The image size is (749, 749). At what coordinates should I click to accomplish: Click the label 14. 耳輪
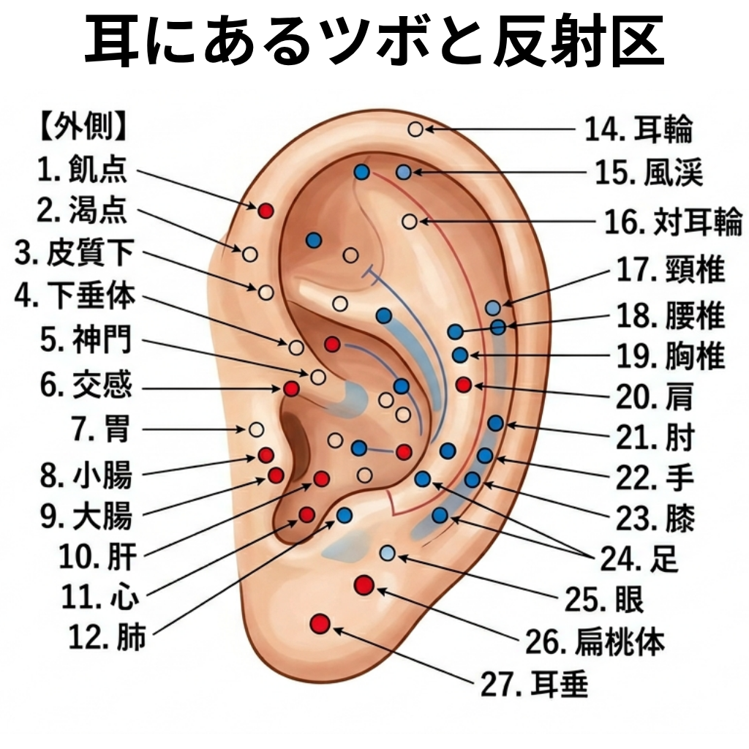click(x=639, y=129)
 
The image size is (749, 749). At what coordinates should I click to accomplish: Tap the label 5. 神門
click(x=86, y=339)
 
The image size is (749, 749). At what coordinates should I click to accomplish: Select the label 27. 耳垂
click(x=534, y=684)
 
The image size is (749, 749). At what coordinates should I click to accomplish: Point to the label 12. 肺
click(x=108, y=637)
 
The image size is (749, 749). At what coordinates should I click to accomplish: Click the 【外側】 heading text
click(x=83, y=127)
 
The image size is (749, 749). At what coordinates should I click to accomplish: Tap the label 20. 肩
click(x=655, y=396)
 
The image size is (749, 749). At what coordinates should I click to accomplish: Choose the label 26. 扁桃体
click(x=595, y=641)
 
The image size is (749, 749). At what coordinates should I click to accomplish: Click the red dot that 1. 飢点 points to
click(x=266, y=210)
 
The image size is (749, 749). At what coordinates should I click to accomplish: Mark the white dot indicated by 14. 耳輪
click(x=415, y=129)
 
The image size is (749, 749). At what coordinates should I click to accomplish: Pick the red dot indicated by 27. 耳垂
click(x=320, y=624)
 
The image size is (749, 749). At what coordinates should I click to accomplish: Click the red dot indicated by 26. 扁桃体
click(x=364, y=585)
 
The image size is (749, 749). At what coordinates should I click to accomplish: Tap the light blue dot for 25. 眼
click(x=388, y=554)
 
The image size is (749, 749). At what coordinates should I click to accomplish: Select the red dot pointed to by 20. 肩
click(x=463, y=385)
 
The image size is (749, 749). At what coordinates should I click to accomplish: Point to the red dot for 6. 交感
click(x=291, y=388)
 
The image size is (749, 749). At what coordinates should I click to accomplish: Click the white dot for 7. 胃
click(x=257, y=429)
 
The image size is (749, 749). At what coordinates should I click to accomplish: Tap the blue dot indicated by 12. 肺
click(x=344, y=516)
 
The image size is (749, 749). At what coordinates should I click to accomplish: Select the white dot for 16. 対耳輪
click(x=410, y=221)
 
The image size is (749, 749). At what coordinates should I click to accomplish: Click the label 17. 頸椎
click(x=671, y=270)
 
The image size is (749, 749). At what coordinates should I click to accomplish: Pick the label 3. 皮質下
click(x=75, y=253)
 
